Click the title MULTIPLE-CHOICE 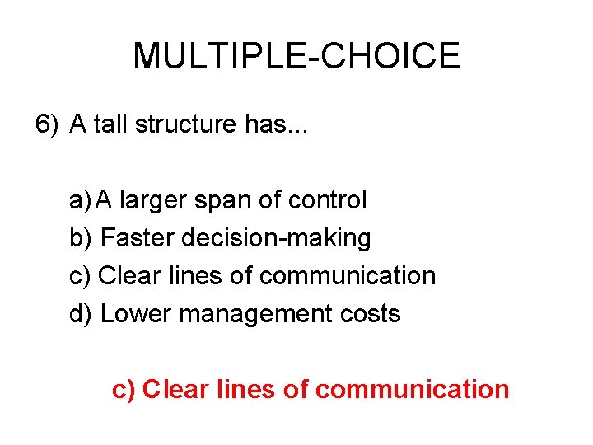click(296, 56)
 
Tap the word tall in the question click(111, 124)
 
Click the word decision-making click(276, 238)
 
